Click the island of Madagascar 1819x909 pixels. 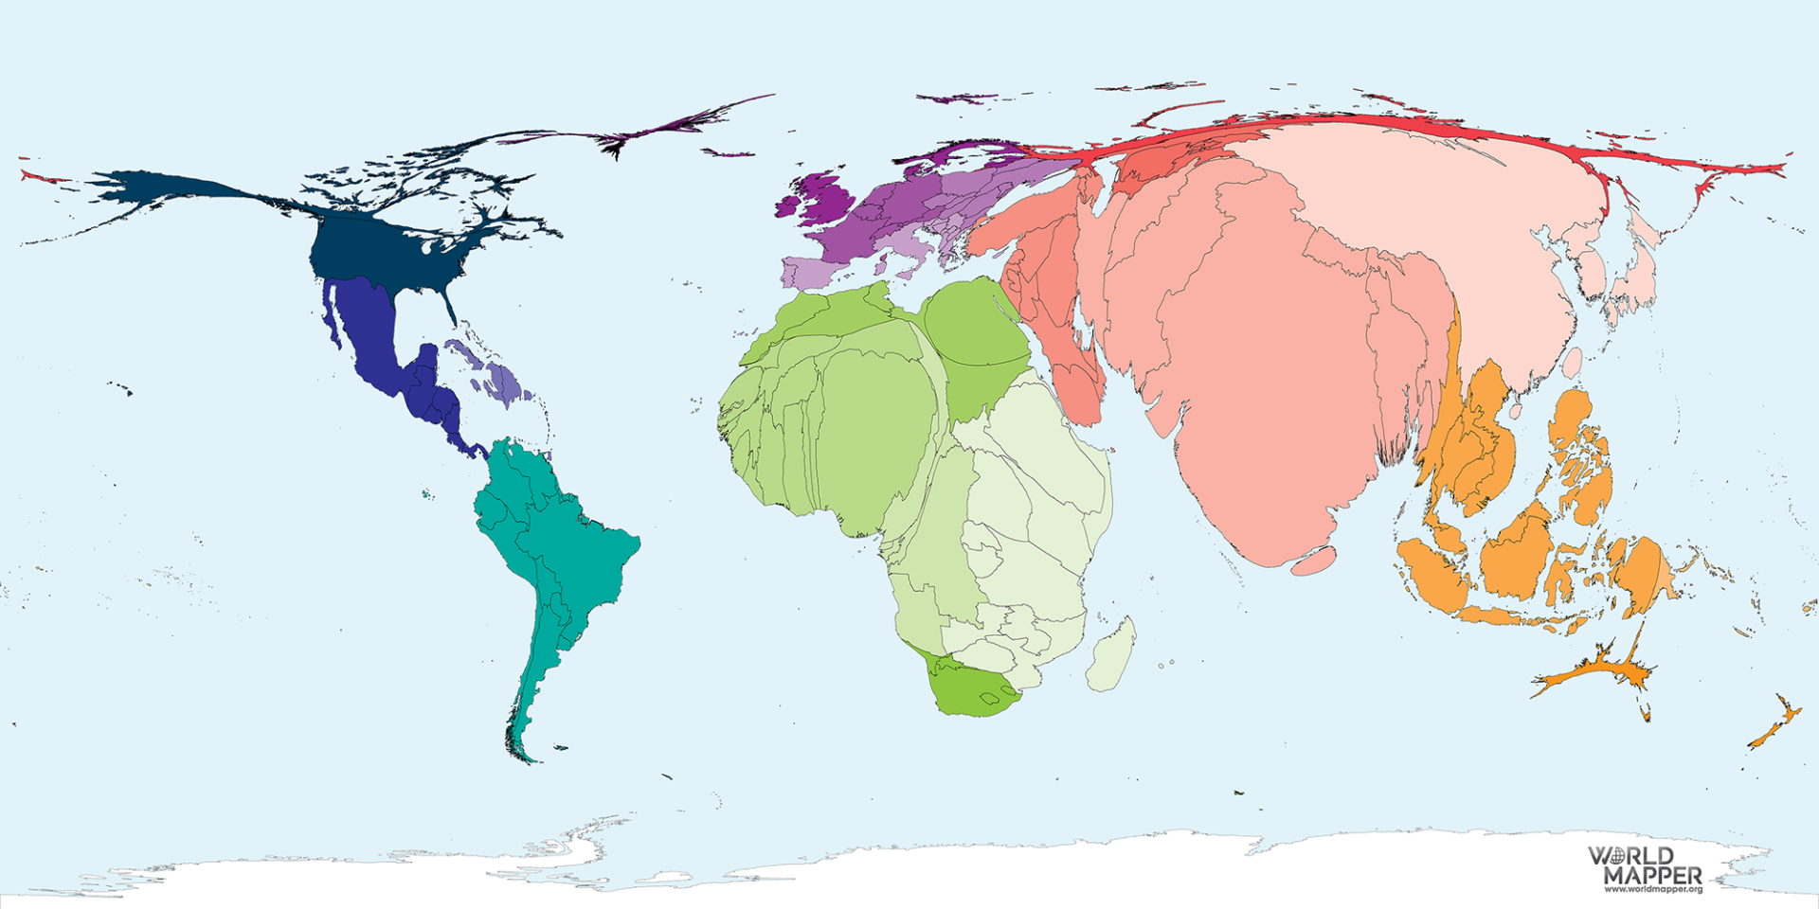coord(1110,655)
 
